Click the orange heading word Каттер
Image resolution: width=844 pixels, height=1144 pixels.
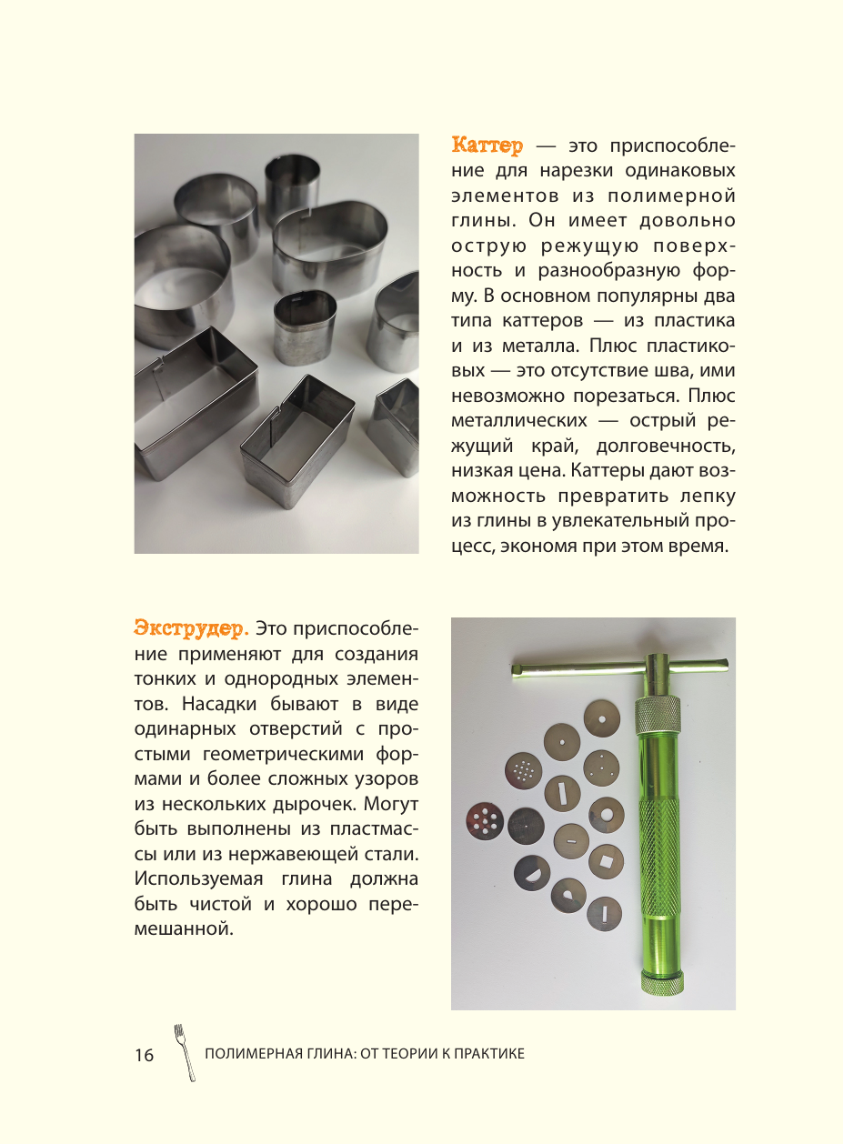(487, 146)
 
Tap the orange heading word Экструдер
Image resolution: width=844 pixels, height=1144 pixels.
(190, 628)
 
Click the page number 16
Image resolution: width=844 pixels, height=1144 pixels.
(144, 1055)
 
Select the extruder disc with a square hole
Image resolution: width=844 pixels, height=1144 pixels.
(606, 860)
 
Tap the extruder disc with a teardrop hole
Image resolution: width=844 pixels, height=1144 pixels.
(568, 895)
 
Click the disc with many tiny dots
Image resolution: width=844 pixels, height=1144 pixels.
(523, 771)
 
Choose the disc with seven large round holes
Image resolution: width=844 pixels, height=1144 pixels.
(484, 822)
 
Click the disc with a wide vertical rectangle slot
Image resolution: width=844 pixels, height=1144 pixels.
(563, 793)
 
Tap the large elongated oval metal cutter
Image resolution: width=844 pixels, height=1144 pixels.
(330, 238)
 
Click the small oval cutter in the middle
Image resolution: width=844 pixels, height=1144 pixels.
(305, 326)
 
